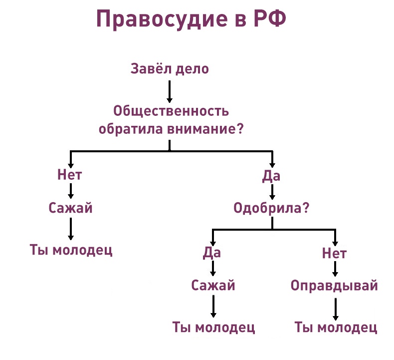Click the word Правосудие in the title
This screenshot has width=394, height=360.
162,19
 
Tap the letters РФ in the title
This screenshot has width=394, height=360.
270,18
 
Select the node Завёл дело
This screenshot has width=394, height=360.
170,69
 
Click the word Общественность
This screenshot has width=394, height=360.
171,111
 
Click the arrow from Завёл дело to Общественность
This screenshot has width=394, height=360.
170,91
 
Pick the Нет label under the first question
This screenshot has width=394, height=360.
70,175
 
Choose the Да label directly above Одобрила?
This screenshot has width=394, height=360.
271,176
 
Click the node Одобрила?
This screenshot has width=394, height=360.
271,208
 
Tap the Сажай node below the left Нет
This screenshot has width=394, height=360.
71,208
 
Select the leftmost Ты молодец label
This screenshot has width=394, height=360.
71,250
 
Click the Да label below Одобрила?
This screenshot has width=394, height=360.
212,253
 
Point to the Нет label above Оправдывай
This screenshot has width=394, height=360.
335,253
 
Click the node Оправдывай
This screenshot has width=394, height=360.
335,286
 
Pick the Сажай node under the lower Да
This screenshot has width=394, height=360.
213,286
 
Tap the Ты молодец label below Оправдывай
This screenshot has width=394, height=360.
336,328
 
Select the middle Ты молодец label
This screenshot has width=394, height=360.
213,328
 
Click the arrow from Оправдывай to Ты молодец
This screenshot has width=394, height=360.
336,309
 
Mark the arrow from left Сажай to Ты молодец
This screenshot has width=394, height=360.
71,229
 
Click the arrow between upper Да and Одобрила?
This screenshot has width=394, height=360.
272,192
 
